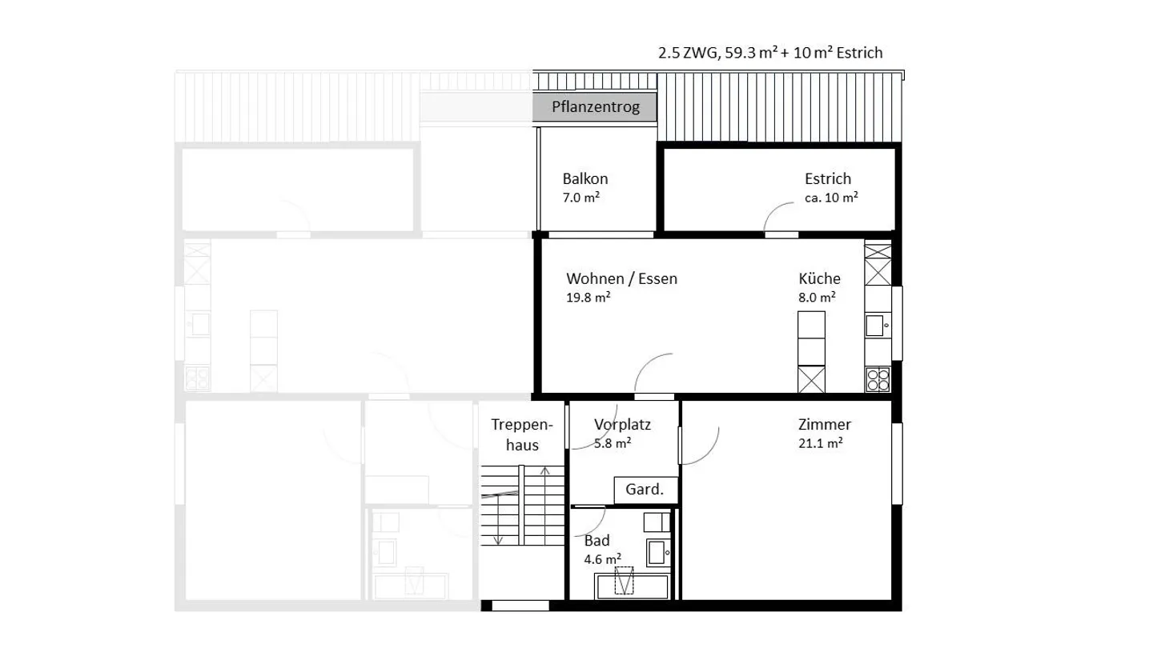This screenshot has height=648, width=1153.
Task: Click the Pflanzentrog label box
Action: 594,106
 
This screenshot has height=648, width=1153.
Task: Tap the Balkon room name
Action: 585,178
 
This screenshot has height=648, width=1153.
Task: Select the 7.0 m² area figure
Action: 581,197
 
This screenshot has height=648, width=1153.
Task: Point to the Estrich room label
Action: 828,178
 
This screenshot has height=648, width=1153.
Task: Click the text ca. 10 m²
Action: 831,197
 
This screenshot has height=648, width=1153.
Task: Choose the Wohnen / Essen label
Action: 622,278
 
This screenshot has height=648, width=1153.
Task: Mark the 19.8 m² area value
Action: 589,297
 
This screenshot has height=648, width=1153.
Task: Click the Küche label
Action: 819,278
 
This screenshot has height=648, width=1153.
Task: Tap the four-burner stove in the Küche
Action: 878,379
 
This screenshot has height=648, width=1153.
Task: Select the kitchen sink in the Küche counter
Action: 875,326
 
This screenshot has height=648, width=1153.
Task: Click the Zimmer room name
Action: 825,424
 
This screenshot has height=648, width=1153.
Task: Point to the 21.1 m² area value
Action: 821,443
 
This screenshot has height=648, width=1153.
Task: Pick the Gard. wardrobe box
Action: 645,490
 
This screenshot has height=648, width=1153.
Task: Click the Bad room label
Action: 597,541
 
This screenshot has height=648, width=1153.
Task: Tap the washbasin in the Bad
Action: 658,553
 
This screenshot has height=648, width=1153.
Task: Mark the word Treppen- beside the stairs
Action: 522,424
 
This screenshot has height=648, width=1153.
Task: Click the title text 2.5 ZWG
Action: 688,53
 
